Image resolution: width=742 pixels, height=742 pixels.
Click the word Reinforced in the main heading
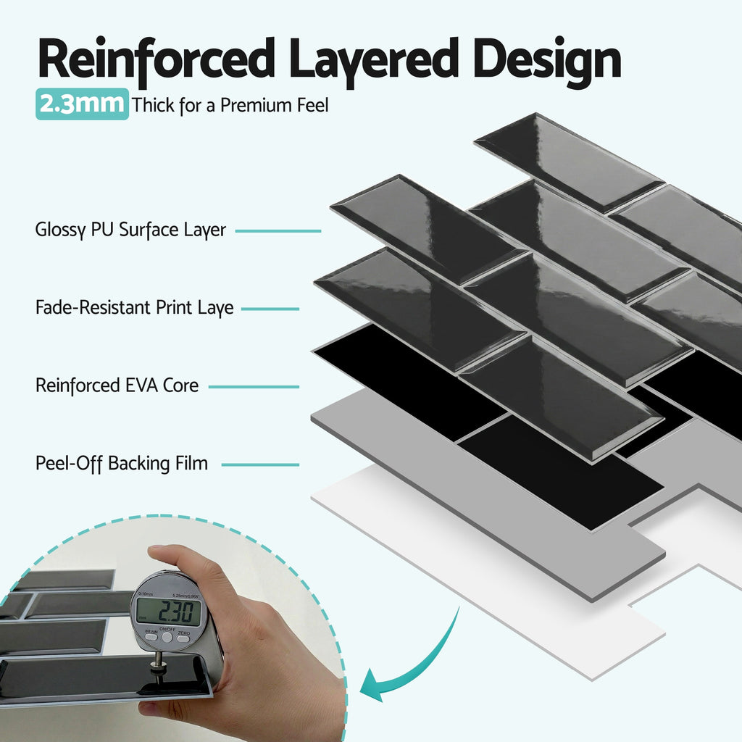(157, 61)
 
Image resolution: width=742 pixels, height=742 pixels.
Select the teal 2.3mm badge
(82, 104)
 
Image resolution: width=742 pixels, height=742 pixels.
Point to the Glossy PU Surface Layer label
(130, 230)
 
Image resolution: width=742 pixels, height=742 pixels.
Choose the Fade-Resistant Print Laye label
(134, 307)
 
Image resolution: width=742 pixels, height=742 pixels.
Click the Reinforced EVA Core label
(117, 385)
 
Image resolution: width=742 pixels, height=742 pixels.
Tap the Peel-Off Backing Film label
(122, 463)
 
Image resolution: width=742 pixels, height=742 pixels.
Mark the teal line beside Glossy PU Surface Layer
(278, 231)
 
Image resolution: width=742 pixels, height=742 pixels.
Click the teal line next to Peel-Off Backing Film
(260, 464)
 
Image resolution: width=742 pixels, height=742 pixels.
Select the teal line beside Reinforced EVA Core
(254, 386)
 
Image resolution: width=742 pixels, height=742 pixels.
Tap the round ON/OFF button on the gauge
(167, 637)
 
